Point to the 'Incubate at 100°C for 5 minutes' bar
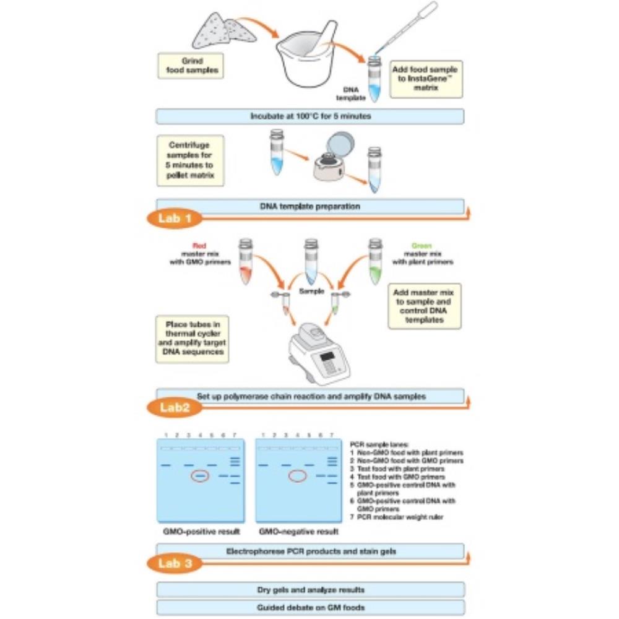(x=309, y=116)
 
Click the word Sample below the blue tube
(x=311, y=290)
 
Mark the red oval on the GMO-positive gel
(x=200, y=476)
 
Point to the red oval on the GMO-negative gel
(x=298, y=476)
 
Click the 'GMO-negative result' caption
(x=298, y=532)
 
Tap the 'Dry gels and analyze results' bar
(x=310, y=589)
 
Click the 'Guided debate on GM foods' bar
(x=310, y=607)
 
